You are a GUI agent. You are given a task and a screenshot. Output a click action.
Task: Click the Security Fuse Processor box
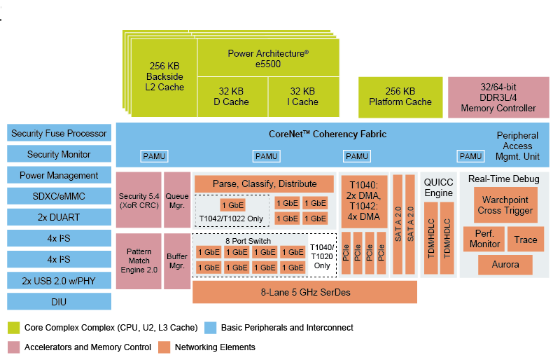tap(59, 134)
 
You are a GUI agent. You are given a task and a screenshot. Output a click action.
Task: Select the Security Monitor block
tap(59, 155)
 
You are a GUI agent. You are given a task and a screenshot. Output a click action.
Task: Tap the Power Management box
tap(59, 176)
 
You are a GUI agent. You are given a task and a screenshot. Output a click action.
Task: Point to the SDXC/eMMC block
tap(59, 197)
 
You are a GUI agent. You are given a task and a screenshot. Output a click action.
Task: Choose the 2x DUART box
tap(59, 218)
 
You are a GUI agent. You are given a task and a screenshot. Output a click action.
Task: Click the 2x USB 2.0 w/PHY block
tap(59, 281)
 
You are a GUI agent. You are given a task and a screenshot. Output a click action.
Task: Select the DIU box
tap(59, 302)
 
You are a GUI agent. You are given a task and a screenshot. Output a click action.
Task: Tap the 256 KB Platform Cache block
tap(400, 97)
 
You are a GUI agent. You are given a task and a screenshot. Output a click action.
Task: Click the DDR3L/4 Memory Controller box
tap(498, 97)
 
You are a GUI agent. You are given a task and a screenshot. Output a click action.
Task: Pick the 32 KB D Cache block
tap(232, 97)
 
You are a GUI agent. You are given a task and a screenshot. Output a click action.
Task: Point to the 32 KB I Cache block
tap(304, 97)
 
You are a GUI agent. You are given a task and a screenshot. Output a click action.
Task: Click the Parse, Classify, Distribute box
tap(265, 184)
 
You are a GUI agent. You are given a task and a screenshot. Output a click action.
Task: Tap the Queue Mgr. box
tap(177, 200)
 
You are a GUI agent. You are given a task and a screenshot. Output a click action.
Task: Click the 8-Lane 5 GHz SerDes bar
tap(304, 292)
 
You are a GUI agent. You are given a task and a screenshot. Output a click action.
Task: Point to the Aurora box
tap(505, 265)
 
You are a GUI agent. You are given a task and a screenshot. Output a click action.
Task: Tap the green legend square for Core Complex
tap(13, 328)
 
